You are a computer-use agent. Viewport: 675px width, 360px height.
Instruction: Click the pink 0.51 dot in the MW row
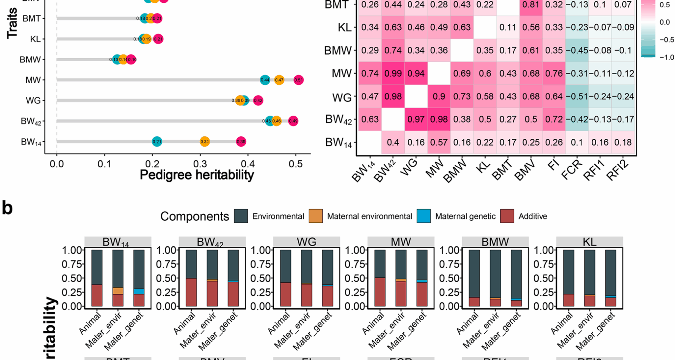point(298,80)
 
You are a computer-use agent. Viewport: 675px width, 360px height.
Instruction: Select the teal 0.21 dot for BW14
point(157,142)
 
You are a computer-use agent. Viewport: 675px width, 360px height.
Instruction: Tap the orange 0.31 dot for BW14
point(205,142)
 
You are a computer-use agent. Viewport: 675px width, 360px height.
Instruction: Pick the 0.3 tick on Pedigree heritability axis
point(200,164)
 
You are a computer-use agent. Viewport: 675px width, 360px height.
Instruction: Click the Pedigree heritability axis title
point(197,175)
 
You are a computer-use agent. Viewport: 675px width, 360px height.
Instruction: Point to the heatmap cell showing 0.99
point(393,73)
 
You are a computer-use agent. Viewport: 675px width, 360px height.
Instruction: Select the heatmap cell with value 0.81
point(531,5)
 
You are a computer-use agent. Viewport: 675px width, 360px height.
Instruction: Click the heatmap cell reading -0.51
point(577,96)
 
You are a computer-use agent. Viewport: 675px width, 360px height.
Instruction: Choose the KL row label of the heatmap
point(345,27)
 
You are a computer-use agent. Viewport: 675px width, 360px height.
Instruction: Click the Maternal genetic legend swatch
point(424,216)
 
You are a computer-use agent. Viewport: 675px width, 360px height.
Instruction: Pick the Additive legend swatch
point(507,216)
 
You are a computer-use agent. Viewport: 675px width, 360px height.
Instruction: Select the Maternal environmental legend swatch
point(316,216)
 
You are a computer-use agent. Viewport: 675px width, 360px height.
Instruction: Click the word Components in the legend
point(194,216)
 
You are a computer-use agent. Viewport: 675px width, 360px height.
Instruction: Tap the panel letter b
point(7,208)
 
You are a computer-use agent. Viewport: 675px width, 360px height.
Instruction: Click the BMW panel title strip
point(495,242)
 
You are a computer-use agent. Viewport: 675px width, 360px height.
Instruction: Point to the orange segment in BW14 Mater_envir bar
point(118,291)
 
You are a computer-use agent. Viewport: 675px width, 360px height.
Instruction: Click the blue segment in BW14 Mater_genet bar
point(139,291)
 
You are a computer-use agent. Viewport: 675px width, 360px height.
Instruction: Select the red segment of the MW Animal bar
point(380,292)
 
